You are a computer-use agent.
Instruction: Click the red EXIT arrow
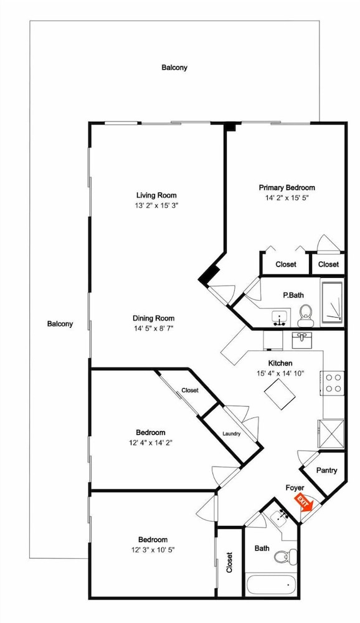303,502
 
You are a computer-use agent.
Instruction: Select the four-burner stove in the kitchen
333,383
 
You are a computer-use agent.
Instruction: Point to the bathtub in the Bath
271,585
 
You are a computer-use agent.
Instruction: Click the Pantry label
326,470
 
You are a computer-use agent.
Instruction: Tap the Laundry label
231,434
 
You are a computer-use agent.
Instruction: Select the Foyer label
295,488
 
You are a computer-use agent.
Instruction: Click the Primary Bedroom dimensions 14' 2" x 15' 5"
287,197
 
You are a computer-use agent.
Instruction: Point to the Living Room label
156,195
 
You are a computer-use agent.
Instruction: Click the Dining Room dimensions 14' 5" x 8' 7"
153,328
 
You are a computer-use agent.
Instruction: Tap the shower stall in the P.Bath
332,301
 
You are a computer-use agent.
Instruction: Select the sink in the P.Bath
281,318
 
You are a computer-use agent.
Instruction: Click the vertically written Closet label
229,562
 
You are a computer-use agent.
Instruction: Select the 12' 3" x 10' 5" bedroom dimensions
153,550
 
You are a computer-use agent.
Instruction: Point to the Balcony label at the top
174,67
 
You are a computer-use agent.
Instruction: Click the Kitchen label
280,363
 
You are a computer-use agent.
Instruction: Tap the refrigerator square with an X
331,434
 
